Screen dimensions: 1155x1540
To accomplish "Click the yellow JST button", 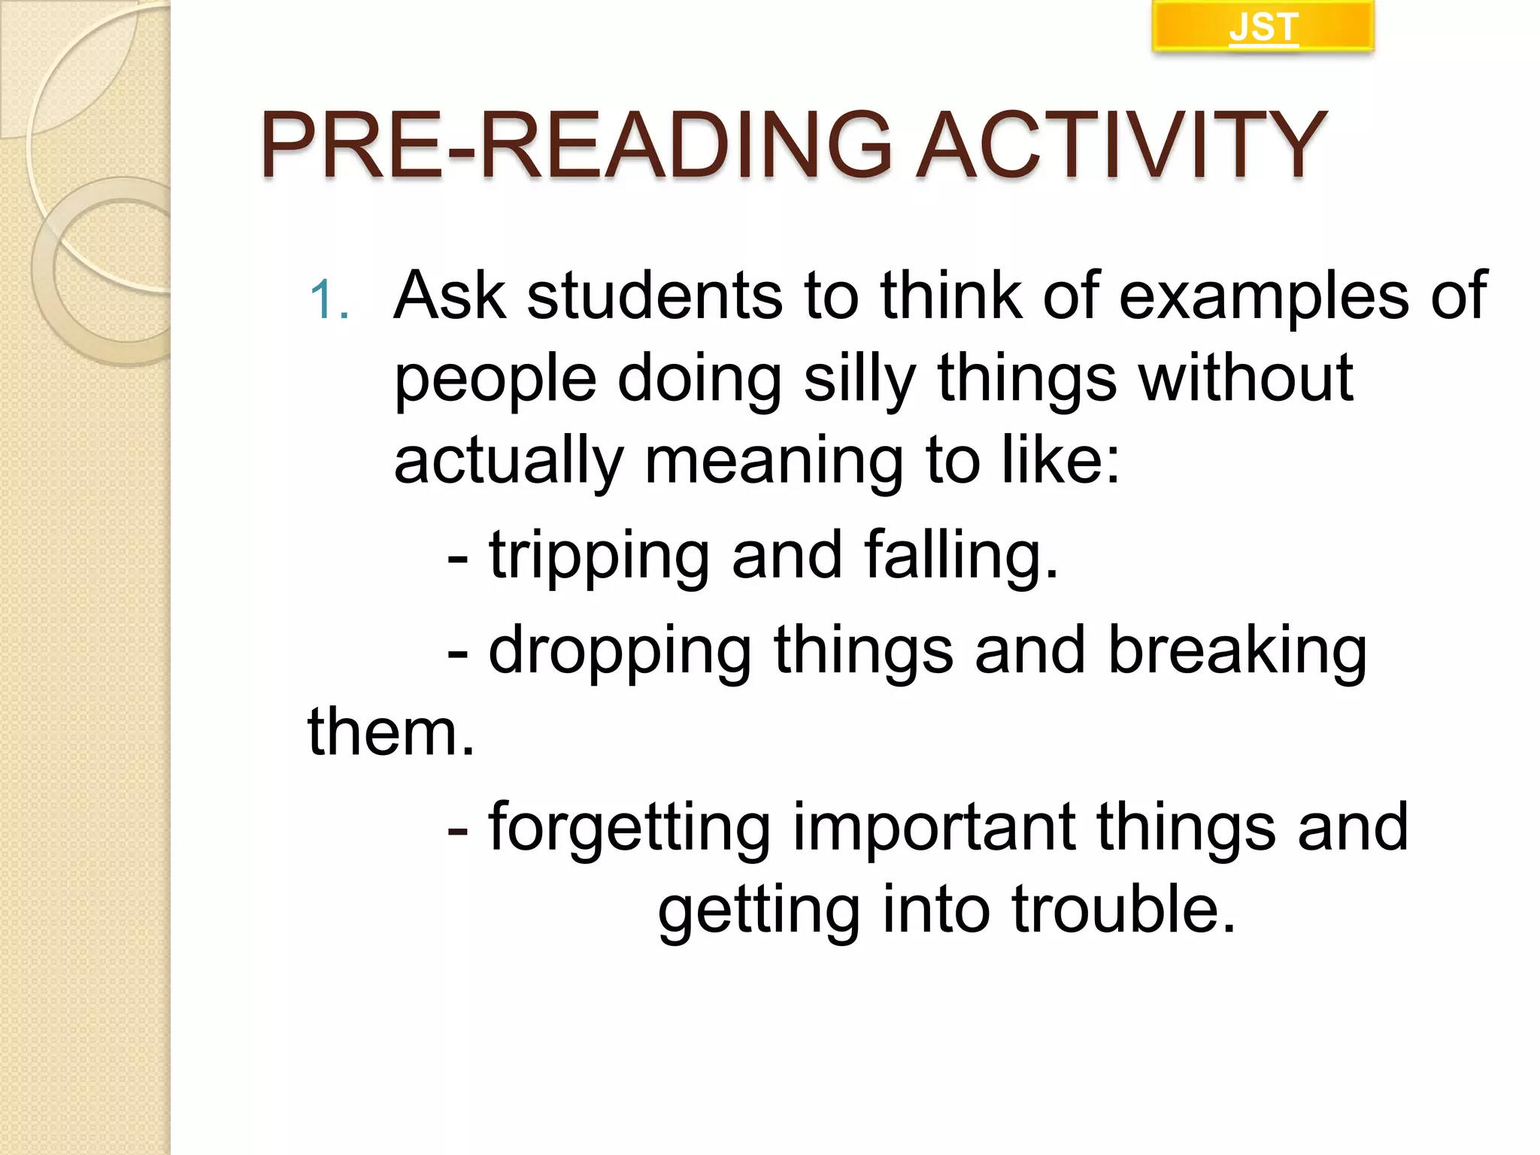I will pos(1263,27).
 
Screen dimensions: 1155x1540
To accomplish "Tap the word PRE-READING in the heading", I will pos(576,145).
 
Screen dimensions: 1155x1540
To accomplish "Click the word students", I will pos(654,296).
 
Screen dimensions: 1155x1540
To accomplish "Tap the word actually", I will pos(508,461).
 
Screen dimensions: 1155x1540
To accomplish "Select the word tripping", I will pos(599,556).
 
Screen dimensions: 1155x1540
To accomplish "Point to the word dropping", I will pos(620,651).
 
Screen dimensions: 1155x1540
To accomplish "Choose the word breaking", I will pos(1237,650).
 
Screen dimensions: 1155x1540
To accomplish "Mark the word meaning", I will pos(774,461).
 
